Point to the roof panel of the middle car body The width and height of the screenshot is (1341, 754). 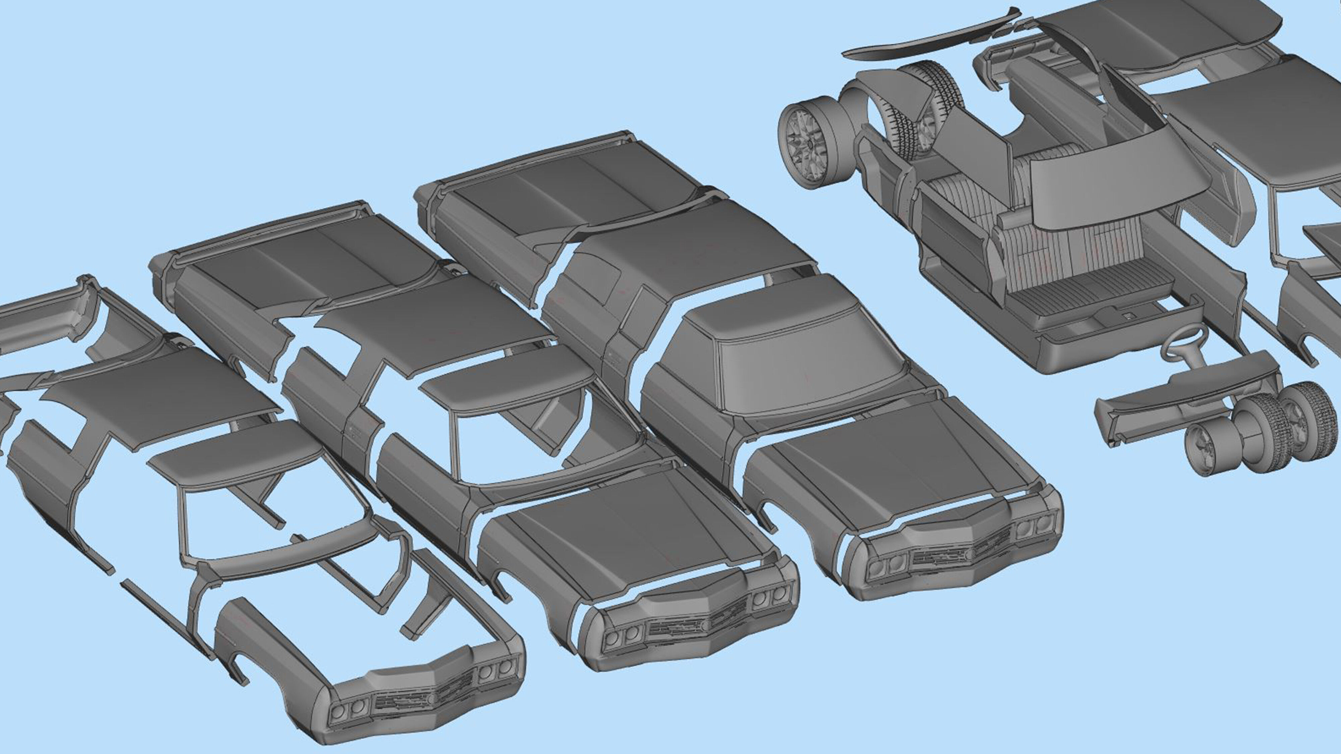(432, 317)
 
